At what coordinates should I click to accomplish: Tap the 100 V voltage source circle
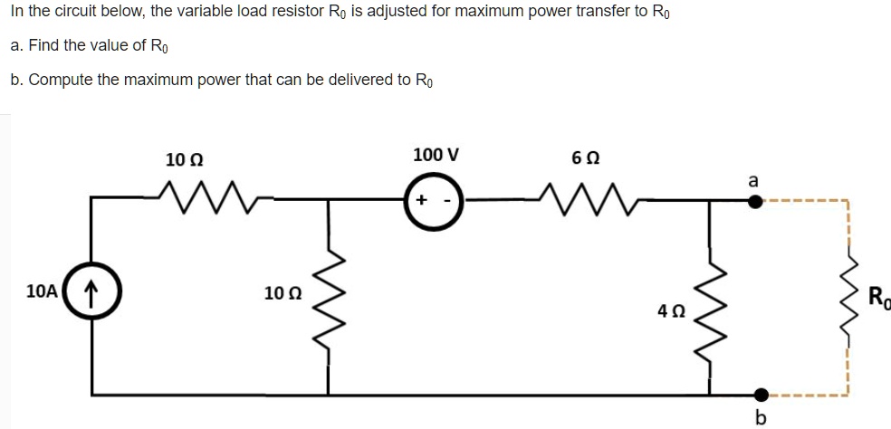click(435, 200)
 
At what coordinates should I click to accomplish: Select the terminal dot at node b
click(759, 395)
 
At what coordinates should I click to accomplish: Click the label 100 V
click(435, 154)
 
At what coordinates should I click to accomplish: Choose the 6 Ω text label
click(584, 156)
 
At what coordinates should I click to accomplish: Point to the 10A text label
click(43, 291)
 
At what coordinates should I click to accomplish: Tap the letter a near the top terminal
click(752, 181)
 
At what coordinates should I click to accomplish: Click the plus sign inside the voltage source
click(423, 200)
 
